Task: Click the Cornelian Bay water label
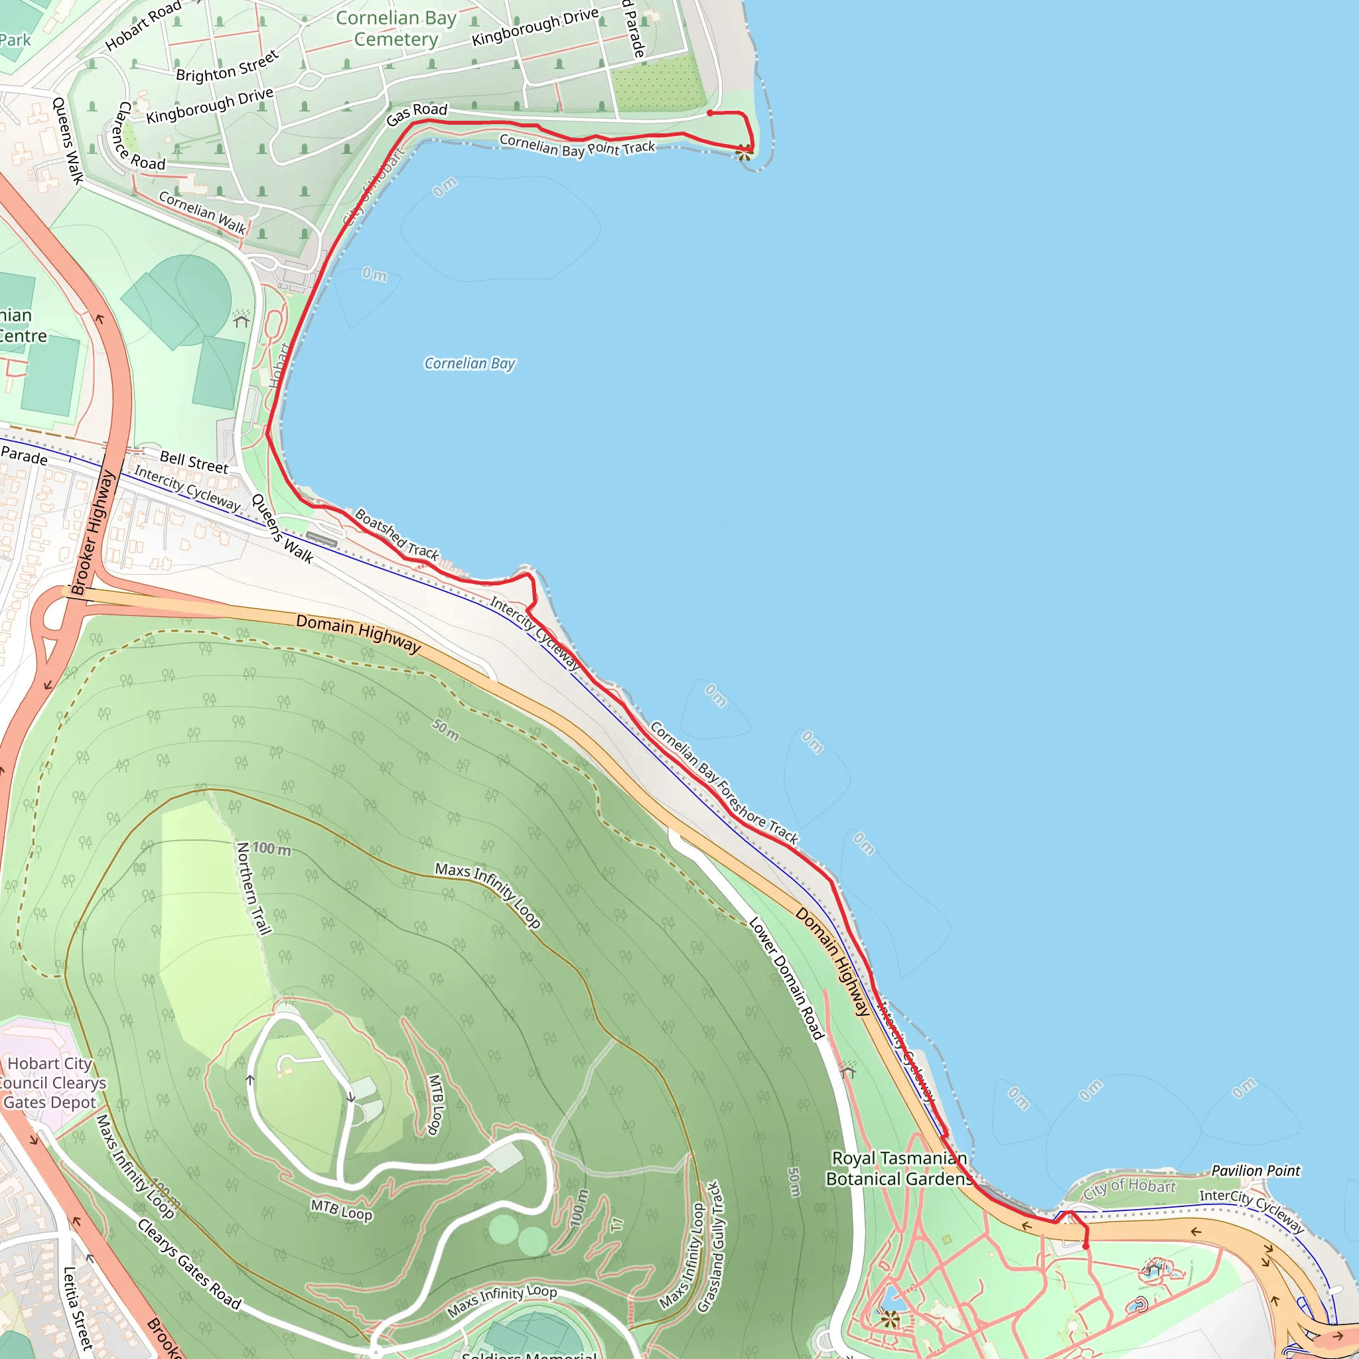469,364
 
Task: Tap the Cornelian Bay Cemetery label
395,29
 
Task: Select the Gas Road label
417,113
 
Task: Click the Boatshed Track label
397,535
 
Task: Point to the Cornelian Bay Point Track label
577,146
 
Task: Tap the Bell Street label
194,462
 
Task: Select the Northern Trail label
253,889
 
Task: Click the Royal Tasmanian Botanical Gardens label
899,1169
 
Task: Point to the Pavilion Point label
1255,1171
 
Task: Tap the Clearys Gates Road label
189,1264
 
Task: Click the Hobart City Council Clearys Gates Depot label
50,1083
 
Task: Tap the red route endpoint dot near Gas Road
710,113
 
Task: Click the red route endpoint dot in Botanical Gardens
1086,1246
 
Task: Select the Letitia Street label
78,1309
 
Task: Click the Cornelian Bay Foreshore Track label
724,783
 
